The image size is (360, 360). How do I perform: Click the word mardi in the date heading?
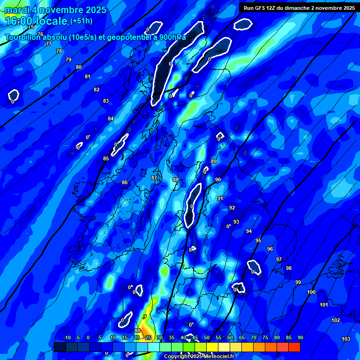pos(17,10)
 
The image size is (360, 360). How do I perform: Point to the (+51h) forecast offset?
pos(81,21)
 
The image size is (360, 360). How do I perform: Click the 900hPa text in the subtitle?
pos(172,37)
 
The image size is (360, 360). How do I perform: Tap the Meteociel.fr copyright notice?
pos(198,356)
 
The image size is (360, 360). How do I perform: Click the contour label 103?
pos(346,339)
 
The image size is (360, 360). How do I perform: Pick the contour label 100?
pos(311,292)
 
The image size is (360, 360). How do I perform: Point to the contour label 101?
pos(324,305)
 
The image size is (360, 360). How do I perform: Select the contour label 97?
pos(279,259)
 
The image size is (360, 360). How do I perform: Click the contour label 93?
pos(236,222)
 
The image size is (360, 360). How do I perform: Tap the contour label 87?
pos(154,178)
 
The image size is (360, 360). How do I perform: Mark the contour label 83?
pos(106,101)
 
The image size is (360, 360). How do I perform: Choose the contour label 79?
pos(68,60)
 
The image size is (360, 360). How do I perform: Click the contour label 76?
pos(40,34)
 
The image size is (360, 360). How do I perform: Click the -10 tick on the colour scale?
pos(67,337)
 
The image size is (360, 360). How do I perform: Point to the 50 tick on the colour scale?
pos(207,337)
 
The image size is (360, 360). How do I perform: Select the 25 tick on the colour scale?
pos(148,337)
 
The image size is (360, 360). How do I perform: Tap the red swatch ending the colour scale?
pos(294,347)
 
